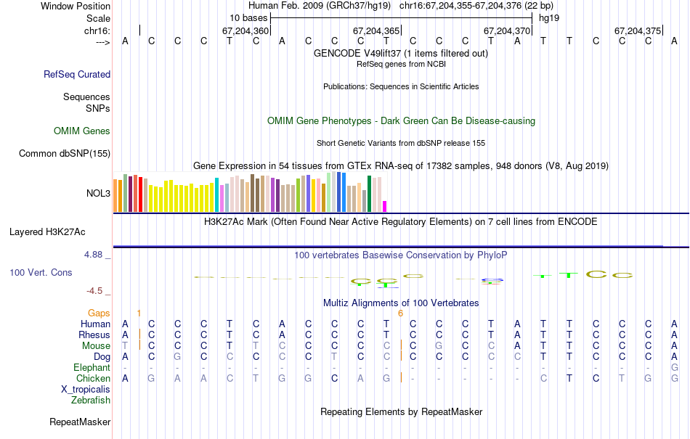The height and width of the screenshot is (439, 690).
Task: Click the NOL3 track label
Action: pyautogui.click(x=98, y=194)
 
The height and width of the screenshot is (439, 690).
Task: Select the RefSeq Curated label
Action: pyautogui.click(x=77, y=74)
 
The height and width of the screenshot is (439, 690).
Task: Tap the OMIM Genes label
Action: pyautogui.click(x=82, y=131)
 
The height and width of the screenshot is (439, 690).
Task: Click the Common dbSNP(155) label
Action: pyautogui.click(x=65, y=153)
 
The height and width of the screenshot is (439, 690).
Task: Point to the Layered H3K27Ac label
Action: pyautogui.click(x=47, y=232)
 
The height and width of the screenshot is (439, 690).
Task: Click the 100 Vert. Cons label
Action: pyautogui.click(x=41, y=272)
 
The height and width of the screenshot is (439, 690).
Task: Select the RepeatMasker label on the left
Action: pyautogui.click(x=80, y=422)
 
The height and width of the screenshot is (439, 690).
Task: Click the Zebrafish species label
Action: pyautogui.click(x=91, y=400)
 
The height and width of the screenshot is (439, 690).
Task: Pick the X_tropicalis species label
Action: pyautogui.click(x=86, y=389)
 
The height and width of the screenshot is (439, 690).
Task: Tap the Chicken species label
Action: pyautogui.click(x=94, y=378)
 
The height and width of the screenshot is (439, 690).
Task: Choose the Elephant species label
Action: pyautogui.click(x=92, y=367)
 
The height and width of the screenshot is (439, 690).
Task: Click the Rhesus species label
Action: pyautogui.click(x=94, y=335)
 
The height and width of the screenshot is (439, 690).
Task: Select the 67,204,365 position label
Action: pyautogui.click(x=376, y=31)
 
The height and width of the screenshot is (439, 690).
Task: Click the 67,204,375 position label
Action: pyautogui.click(x=638, y=31)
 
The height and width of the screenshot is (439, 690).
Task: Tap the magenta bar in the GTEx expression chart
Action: pyautogui.click(x=385, y=206)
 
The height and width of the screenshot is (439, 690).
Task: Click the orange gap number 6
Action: pyautogui.click(x=400, y=313)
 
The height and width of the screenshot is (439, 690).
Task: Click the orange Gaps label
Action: pyautogui.click(x=99, y=313)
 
